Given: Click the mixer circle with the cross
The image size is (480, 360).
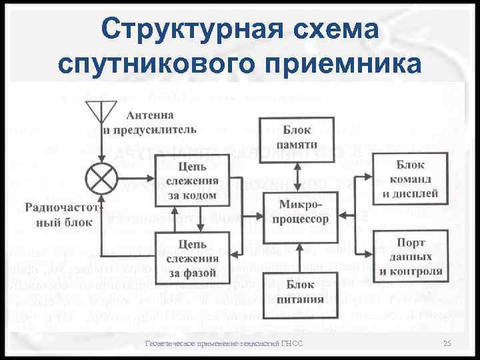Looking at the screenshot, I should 102,179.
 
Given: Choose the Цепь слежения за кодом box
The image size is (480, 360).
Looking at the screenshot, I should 191,179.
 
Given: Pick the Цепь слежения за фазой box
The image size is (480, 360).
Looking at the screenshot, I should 191,255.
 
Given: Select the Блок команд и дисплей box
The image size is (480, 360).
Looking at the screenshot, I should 409,178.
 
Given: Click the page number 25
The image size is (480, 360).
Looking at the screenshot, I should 447,343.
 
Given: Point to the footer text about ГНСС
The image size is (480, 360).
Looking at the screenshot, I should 224,343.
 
